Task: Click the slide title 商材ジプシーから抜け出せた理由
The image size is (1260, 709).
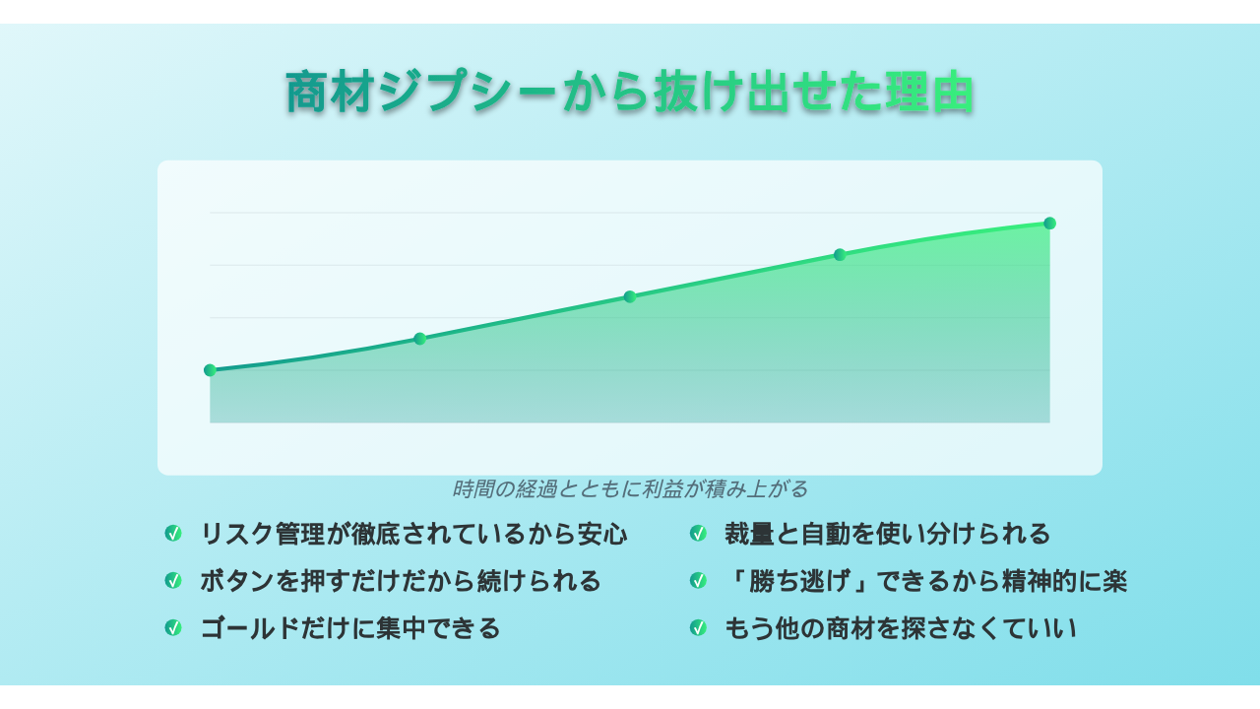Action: click(x=629, y=92)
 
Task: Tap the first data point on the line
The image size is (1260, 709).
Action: click(x=210, y=369)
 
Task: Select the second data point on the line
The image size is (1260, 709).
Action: click(x=419, y=339)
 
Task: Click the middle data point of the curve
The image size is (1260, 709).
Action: click(x=630, y=296)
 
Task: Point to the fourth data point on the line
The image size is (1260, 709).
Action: click(x=840, y=255)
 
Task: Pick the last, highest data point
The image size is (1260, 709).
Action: click(x=1049, y=224)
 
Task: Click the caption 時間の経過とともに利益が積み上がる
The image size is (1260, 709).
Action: click(x=630, y=489)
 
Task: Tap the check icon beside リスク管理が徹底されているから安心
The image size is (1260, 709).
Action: click(x=173, y=533)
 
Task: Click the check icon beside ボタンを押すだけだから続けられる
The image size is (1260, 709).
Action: click(x=173, y=580)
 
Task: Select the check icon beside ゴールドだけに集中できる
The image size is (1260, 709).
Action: click(x=173, y=627)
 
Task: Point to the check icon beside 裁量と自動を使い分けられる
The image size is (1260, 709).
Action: click(x=698, y=533)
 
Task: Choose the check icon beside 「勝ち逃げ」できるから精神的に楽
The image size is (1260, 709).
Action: click(x=698, y=580)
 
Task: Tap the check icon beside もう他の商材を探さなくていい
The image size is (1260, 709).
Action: click(x=698, y=627)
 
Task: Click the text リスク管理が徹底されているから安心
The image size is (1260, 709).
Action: click(x=413, y=534)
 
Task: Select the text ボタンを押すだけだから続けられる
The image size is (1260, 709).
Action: click(x=401, y=581)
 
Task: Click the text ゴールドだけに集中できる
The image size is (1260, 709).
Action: click(x=349, y=628)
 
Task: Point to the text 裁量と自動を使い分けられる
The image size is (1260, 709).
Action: click(x=887, y=534)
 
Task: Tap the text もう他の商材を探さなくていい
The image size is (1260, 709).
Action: click(x=900, y=628)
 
